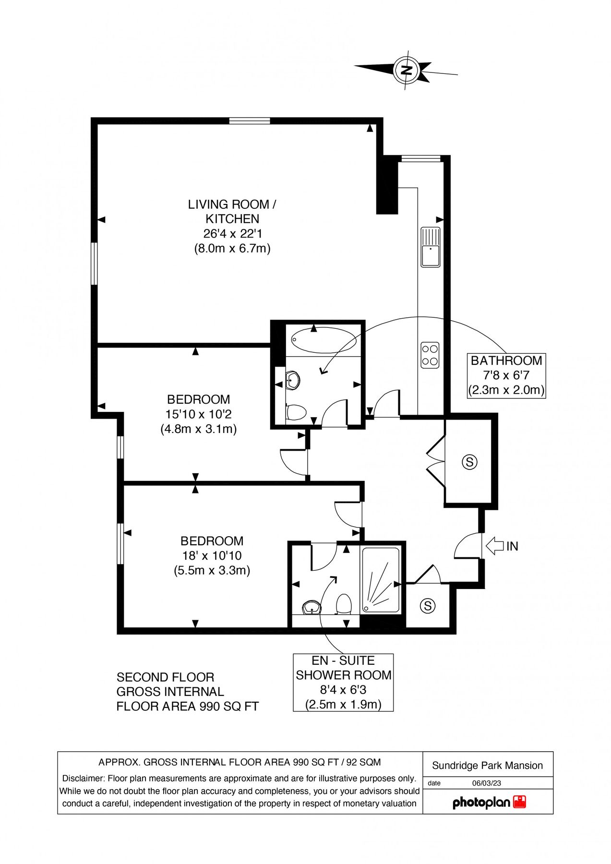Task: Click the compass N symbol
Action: [x=407, y=71]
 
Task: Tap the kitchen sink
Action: [x=431, y=247]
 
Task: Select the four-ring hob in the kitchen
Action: [x=430, y=355]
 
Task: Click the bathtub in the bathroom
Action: [x=323, y=340]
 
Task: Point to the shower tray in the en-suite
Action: [x=381, y=580]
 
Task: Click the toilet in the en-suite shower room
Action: [x=343, y=604]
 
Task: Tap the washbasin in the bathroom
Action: [x=293, y=381]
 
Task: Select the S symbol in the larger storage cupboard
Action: [x=469, y=462]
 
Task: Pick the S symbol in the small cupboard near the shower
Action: [x=427, y=606]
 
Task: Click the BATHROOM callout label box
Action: [x=506, y=375]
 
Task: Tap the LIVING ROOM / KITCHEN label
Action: [x=232, y=212]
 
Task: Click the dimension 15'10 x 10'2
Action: [x=198, y=414]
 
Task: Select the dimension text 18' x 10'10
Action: [x=212, y=555]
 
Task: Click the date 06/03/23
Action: [x=486, y=783]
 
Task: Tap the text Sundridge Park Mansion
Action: [x=487, y=766]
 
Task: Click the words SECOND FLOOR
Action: [x=165, y=677]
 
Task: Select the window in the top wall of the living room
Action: [x=249, y=121]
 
